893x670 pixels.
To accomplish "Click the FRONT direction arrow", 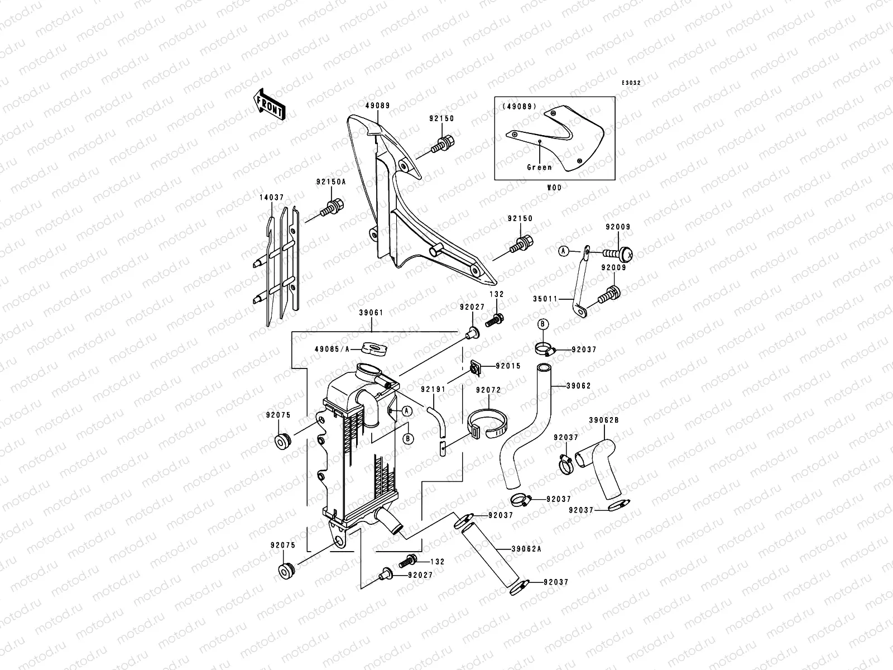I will click(x=270, y=104).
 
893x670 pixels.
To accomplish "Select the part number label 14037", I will click(x=271, y=197).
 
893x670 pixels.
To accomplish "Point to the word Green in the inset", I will click(x=540, y=167).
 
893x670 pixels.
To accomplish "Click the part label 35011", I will click(x=545, y=299).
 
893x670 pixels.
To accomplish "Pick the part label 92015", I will click(x=508, y=366).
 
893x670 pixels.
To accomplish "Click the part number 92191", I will click(x=433, y=389).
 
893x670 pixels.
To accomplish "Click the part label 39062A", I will click(x=526, y=549).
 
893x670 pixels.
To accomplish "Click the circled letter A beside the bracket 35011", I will click(x=564, y=251).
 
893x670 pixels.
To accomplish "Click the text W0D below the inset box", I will click(x=555, y=188).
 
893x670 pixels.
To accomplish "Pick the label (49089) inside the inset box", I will click(x=518, y=106).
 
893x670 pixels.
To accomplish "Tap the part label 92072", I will click(x=488, y=390).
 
